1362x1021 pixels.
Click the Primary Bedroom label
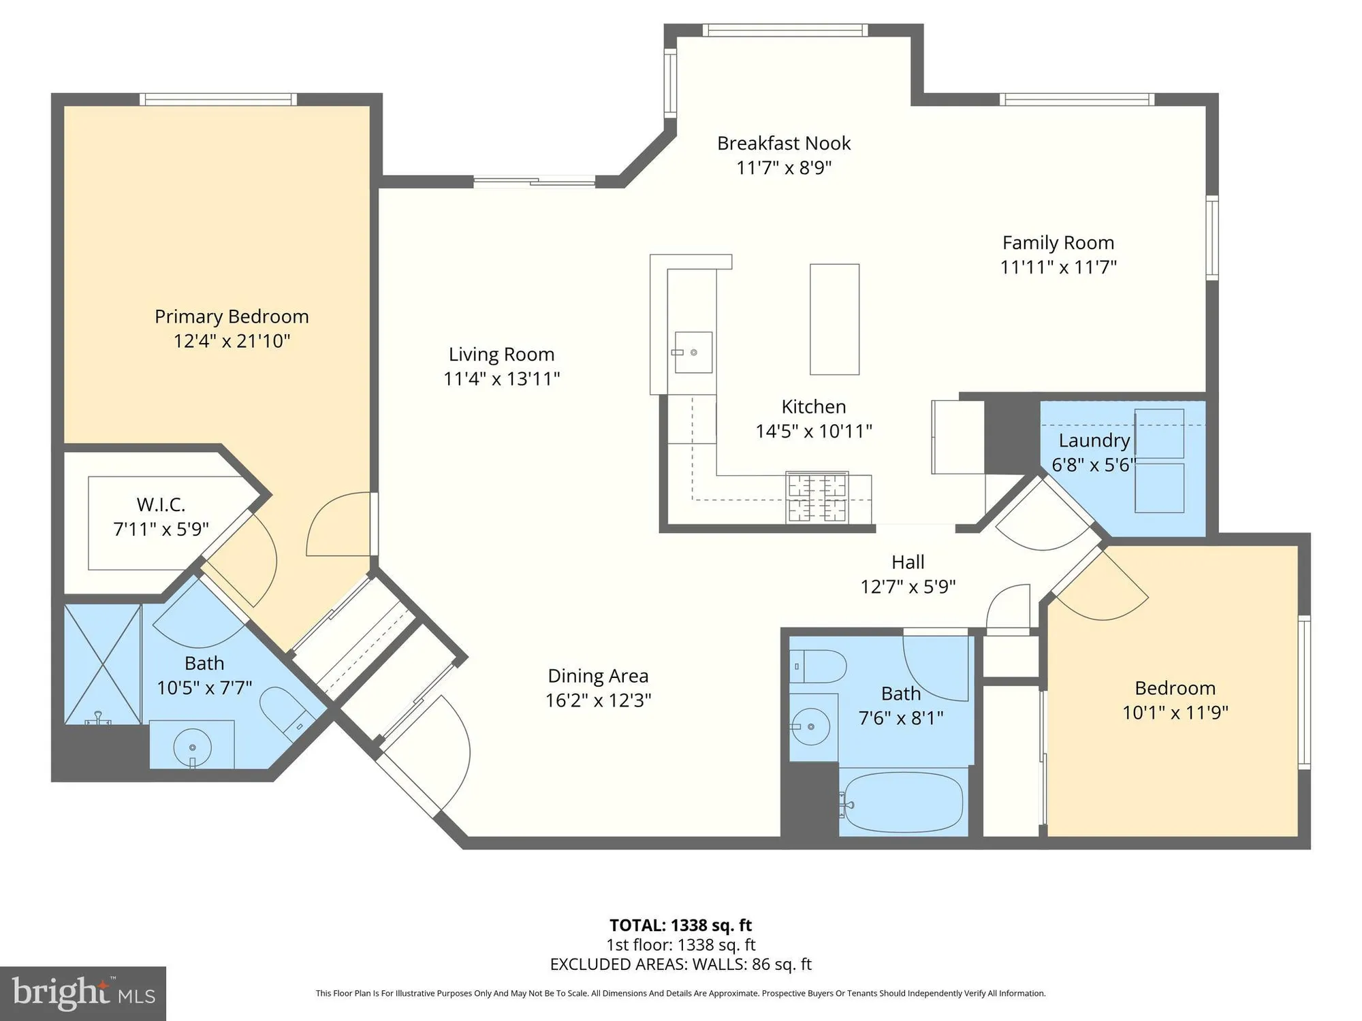(x=232, y=317)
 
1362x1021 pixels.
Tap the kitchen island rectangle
(x=834, y=319)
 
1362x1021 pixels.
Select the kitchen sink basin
(x=693, y=353)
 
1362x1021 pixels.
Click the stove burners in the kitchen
(x=817, y=498)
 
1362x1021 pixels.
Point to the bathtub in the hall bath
(x=902, y=803)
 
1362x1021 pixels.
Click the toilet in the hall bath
(x=819, y=666)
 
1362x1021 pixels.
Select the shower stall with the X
(x=102, y=664)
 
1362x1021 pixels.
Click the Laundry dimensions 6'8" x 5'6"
(x=1094, y=465)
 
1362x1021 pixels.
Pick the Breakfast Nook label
(x=784, y=144)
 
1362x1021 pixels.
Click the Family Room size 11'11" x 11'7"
(x=1058, y=267)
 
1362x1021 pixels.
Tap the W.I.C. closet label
(x=161, y=504)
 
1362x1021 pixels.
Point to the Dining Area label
(x=598, y=676)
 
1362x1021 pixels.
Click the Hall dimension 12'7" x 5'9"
(x=908, y=587)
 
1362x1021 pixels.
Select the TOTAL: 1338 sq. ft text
(x=680, y=925)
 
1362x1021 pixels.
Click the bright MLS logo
(x=82, y=994)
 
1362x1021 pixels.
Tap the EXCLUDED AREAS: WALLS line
(x=680, y=964)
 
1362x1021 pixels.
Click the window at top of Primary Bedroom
(x=218, y=99)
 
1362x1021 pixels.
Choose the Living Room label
(x=501, y=355)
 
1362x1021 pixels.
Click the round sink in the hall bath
(x=810, y=726)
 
